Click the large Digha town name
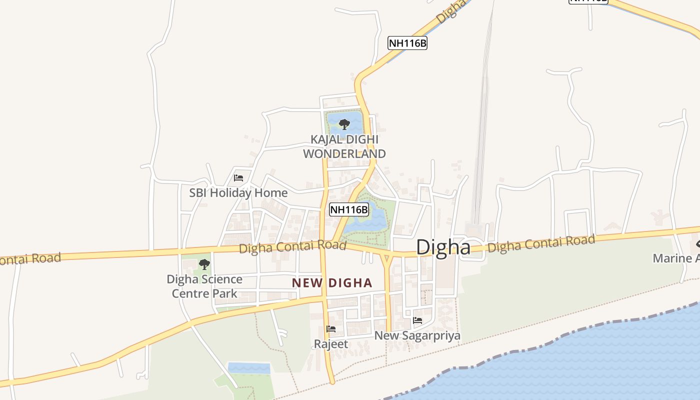[x=443, y=247]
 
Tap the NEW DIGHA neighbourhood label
[x=332, y=283]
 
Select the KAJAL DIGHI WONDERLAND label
[x=344, y=146]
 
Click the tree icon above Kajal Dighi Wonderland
[x=344, y=123]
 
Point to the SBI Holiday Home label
[x=238, y=192]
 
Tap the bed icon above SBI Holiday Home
[x=238, y=177]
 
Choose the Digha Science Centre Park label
[x=204, y=286]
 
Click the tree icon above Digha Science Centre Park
[x=204, y=264]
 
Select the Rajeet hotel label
[x=330, y=344]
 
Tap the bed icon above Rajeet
[x=330, y=328]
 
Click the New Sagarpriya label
[x=417, y=335]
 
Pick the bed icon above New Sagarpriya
[x=417, y=320]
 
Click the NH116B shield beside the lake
[x=349, y=209]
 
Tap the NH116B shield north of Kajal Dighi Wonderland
[x=407, y=43]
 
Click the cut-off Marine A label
[x=676, y=258]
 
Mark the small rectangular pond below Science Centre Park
[x=249, y=368]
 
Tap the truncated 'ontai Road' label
[x=30, y=259]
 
